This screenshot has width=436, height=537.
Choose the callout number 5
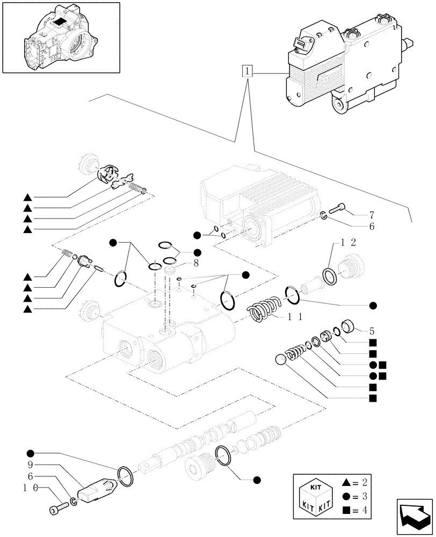tap(370, 331)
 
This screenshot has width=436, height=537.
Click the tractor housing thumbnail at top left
tap(60, 38)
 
